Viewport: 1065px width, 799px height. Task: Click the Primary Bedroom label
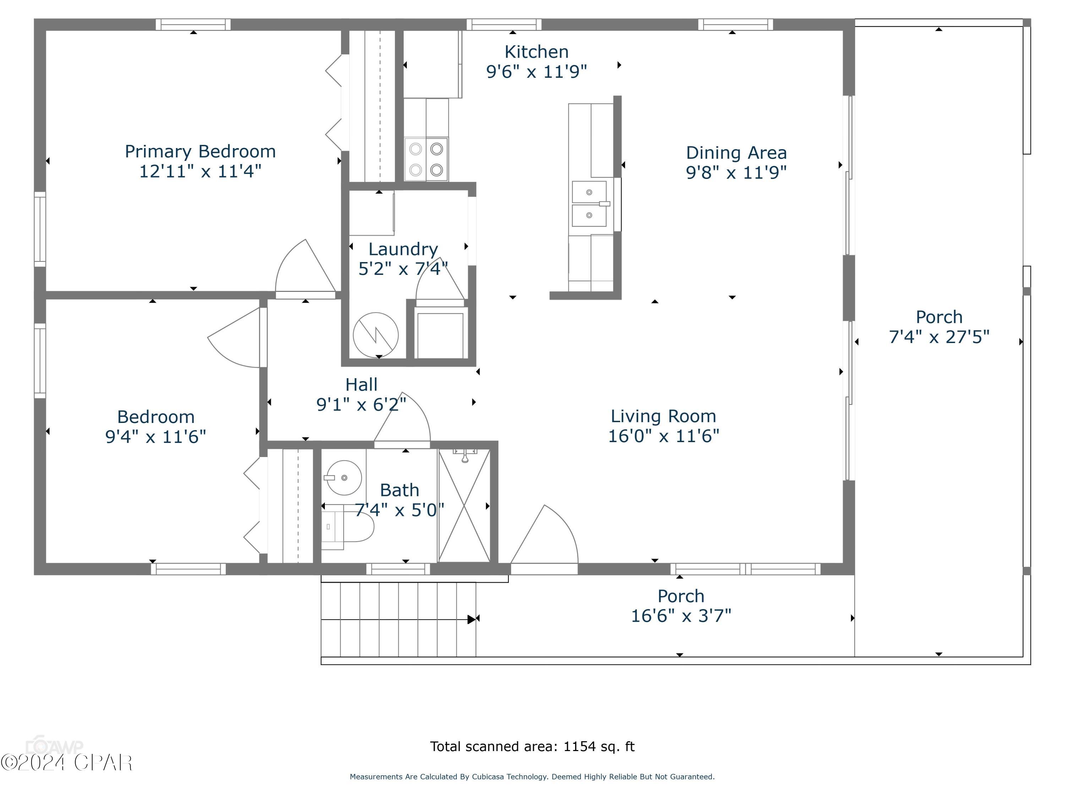(x=200, y=151)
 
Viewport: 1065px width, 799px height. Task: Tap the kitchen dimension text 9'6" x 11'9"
(x=536, y=72)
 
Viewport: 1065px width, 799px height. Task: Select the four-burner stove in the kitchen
(x=426, y=159)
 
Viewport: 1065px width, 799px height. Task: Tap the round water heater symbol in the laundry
(x=376, y=335)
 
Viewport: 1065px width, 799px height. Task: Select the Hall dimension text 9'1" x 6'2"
(x=361, y=404)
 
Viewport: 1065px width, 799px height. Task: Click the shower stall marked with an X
(x=464, y=506)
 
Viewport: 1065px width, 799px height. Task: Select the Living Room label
(x=663, y=416)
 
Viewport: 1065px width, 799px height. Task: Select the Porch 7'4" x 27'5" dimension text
(x=939, y=337)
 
